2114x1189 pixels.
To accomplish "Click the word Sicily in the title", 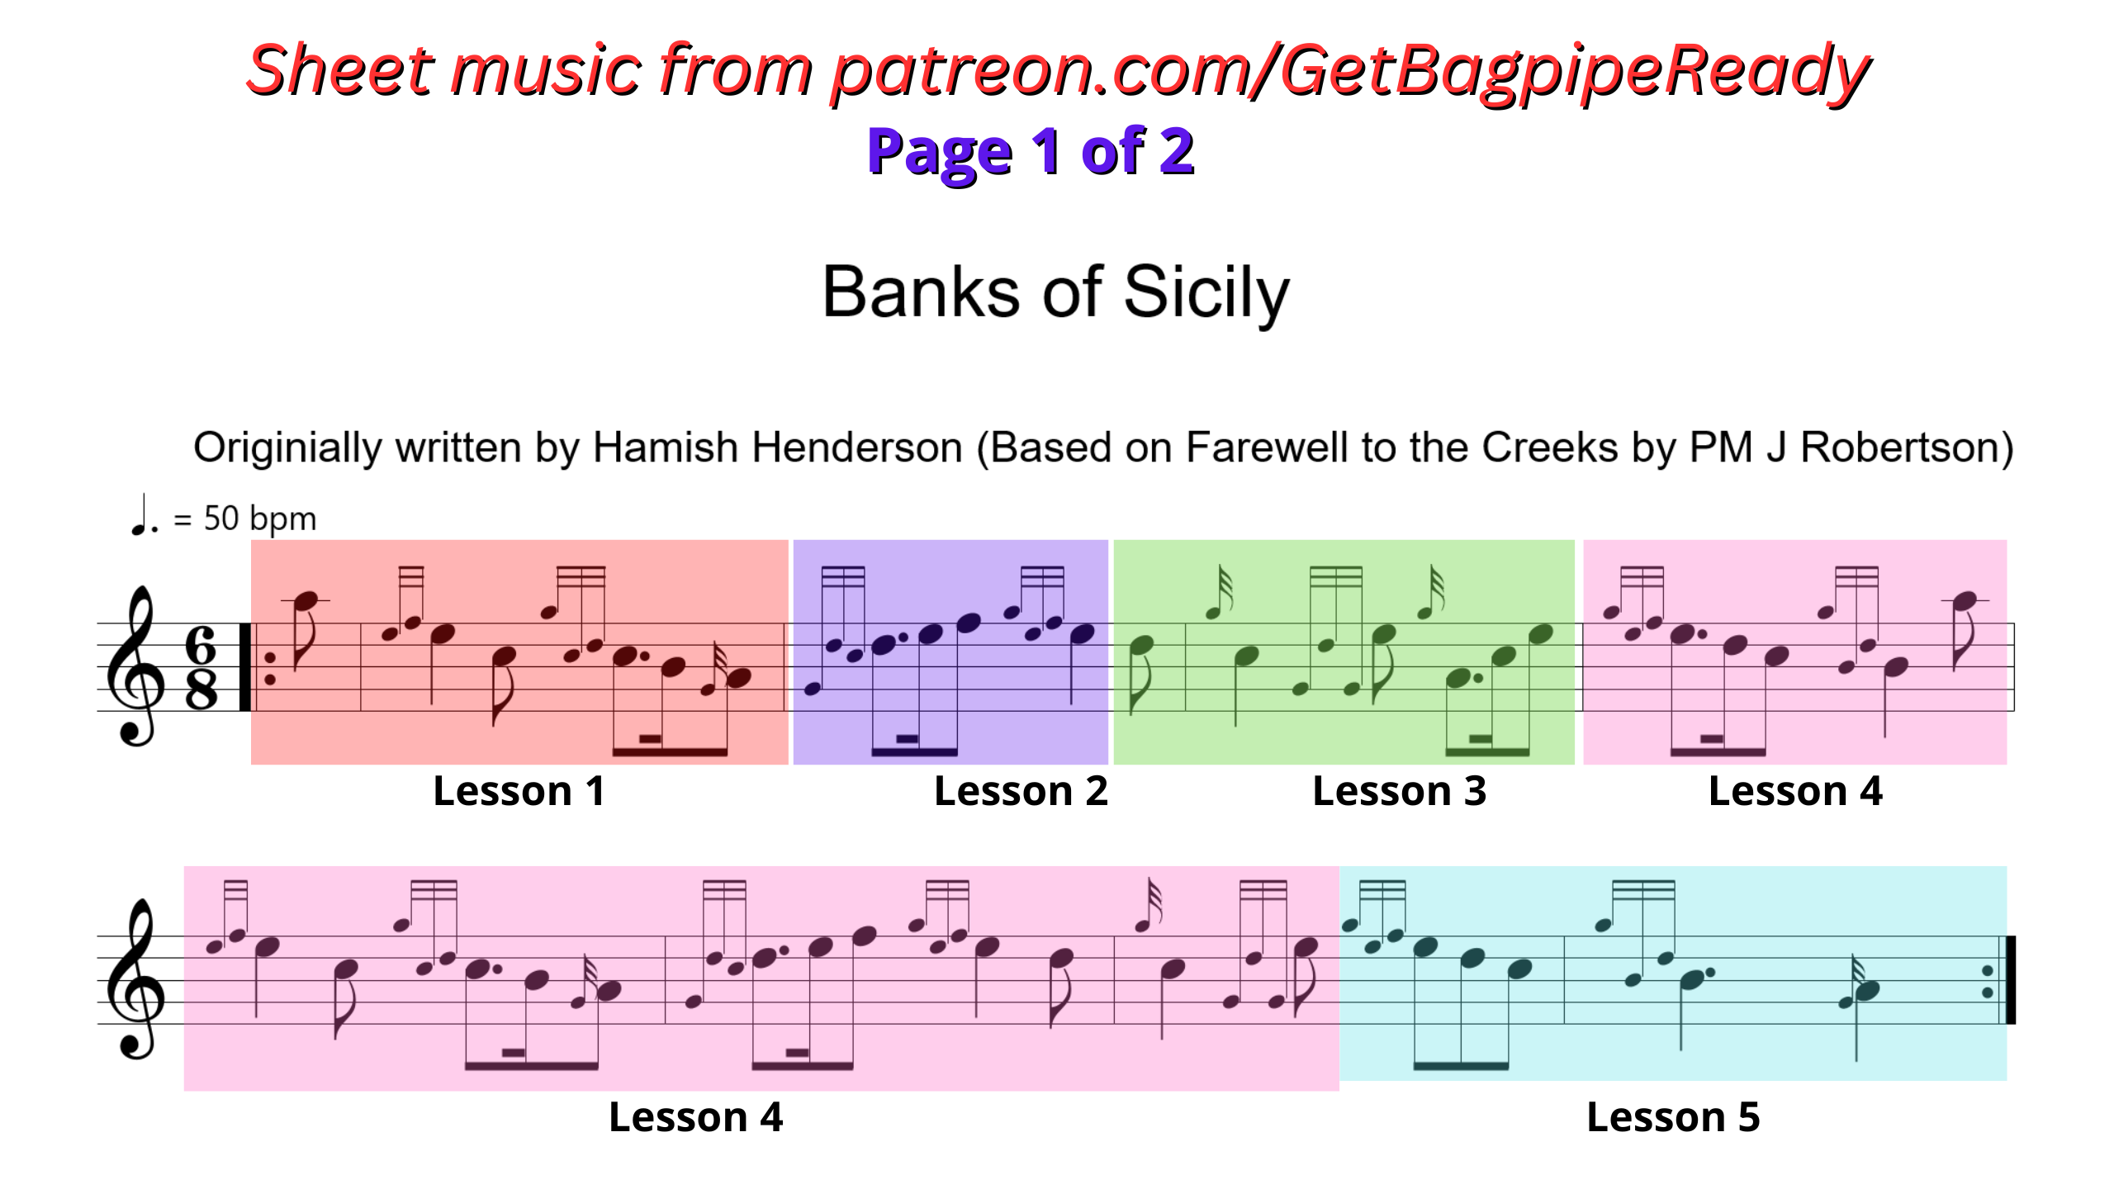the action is tap(1206, 294).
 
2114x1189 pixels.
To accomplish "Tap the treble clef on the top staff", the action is tap(135, 666).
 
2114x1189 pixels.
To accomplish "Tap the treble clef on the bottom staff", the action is tap(135, 979).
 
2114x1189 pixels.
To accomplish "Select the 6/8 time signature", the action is tap(201, 667).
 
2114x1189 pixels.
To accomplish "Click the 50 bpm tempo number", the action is tap(259, 519).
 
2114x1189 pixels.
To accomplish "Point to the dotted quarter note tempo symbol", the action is tap(144, 515).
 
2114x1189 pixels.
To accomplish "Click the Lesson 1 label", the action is tap(519, 791).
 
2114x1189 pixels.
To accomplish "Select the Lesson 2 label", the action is tap(1021, 791).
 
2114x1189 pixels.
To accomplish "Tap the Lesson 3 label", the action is tap(1400, 791).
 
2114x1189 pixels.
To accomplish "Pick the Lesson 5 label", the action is tap(1673, 1117).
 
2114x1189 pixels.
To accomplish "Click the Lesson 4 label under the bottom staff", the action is tap(695, 1117).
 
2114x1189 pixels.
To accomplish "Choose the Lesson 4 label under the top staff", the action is tap(1795, 791).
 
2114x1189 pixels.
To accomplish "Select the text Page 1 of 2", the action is tap(1031, 152).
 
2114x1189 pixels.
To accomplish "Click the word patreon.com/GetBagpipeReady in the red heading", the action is tap(1350, 71).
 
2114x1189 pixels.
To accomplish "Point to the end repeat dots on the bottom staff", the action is tap(1987, 981).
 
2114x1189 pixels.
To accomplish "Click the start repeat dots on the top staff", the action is tap(269, 668).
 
